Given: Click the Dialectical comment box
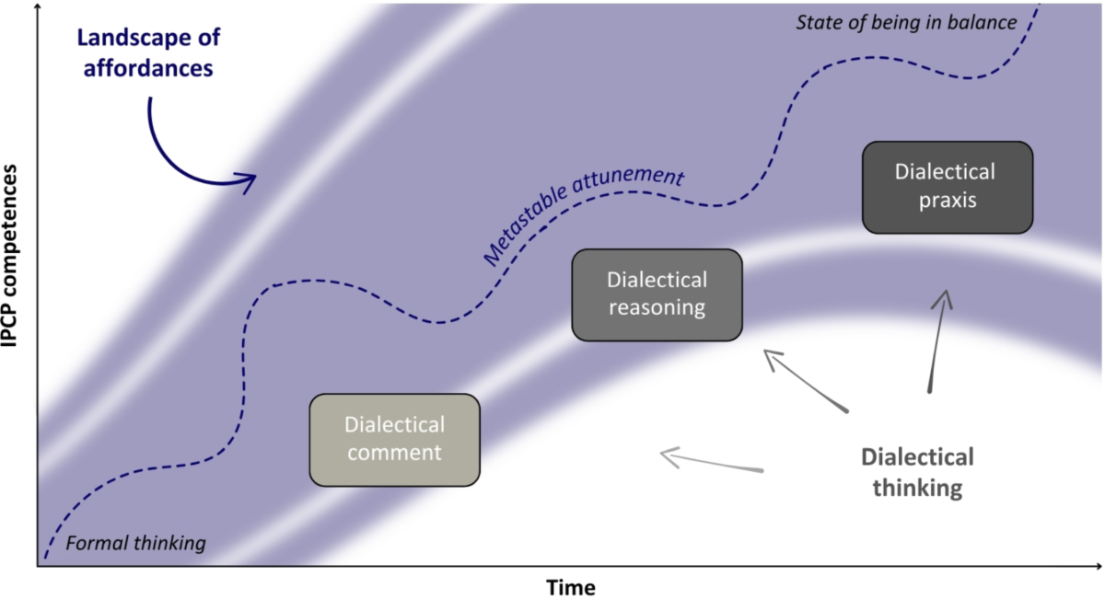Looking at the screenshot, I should [x=394, y=439].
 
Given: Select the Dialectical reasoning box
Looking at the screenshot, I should [x=657, y=294].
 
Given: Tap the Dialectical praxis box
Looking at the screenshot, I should [x=948, y=186].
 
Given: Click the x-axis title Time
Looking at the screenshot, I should [x=571, y=586].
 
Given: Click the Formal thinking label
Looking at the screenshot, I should [x=136, y=543].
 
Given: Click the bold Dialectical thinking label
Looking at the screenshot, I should [x=916, y=472].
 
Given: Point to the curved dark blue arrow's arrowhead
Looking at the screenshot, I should [x=247, y=181].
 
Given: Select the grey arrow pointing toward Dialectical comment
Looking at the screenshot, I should [x=709, y=461].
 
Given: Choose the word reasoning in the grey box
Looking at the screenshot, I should [x=657, y=307].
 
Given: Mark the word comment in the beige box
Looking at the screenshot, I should [x=394, y=452].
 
